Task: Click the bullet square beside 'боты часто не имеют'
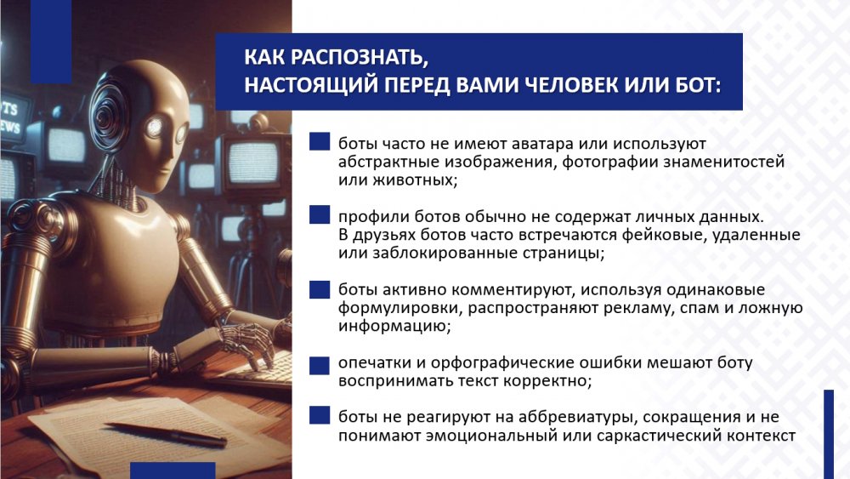(320, 141)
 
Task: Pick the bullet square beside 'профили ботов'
(320, 214)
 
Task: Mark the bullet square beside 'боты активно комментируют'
(320, 289)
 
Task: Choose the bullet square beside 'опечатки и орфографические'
(320, 365)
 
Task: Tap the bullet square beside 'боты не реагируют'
(320, 415)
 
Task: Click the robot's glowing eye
(156, 127)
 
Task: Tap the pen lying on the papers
(166, 434)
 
